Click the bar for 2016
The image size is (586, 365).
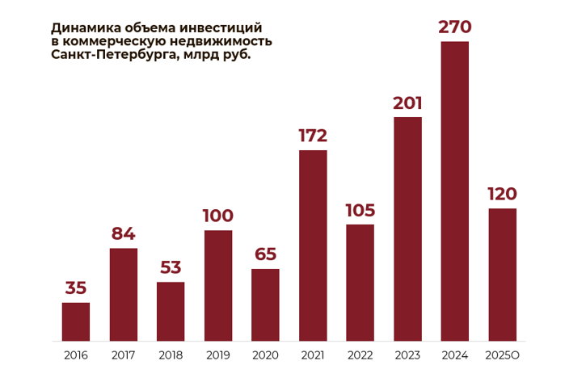(x=76, y=321)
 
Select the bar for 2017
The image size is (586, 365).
(x=124, y=294)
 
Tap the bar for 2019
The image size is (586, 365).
(x=218, y=285)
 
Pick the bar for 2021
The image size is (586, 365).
(x=313, y=245)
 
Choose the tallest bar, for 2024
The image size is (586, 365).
(x=455, y=191)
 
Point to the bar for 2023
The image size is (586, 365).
(x=407, y=229)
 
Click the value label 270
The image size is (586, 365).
(x=455, y=27)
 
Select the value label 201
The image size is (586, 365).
(x=407, y=103)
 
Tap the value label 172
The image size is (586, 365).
(x=313, y=136)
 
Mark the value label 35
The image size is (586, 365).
(x=76, y=288)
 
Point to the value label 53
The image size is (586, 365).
(x=171, y=267)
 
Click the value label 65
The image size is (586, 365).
(x=265, y=254)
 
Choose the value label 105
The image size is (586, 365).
(x=360, y=211)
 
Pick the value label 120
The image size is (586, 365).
(x=502, y=195)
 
